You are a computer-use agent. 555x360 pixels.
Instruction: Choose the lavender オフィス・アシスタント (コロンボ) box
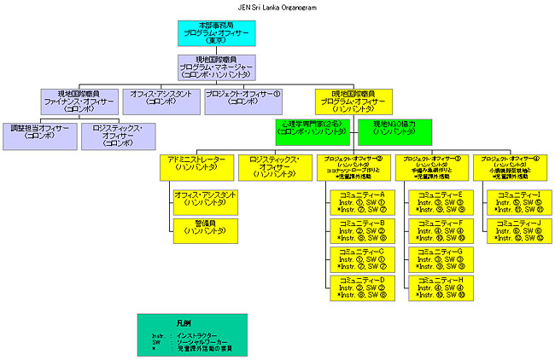(x=161, y=100)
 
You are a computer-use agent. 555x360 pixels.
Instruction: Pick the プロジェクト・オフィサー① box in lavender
(x=243, y=100)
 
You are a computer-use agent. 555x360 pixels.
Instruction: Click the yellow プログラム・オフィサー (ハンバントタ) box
(x=353, y=100)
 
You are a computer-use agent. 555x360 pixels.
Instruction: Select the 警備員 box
(x=205, y=226)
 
